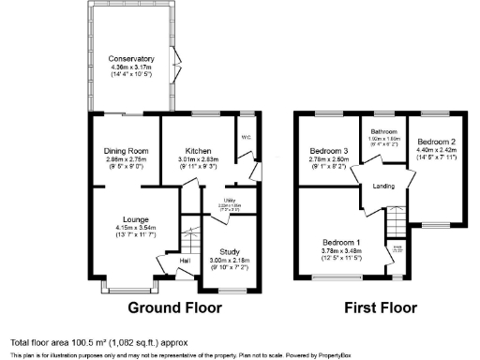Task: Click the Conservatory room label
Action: coord(130,58)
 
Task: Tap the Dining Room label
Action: coord(125,151)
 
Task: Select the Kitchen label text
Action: coord(198,151)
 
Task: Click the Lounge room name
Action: coord(125,219)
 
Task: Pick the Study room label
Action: coord(230,252)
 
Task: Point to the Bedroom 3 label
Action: coord(329,151)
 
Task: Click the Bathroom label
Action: coord(384,132)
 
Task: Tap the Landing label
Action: coord(382,187)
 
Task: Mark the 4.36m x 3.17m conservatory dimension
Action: coord(130,67)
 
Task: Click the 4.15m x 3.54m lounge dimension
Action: coord(125,228)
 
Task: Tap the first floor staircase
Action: coord(398,221)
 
